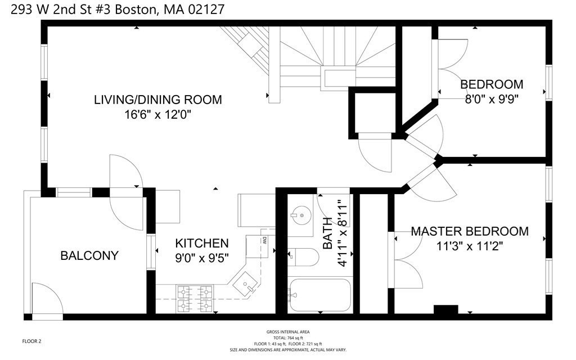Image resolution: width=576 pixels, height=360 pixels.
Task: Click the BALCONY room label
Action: pos(89,255)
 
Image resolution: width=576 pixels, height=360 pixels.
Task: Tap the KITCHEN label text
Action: pos(202,243)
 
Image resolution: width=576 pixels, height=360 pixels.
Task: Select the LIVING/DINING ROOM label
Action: pos(158,100)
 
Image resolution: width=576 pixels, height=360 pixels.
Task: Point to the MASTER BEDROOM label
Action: pos(470,231)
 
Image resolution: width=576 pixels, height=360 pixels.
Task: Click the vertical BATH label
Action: pos(327,233)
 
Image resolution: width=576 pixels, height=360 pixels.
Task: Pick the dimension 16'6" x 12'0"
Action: pos(158,115)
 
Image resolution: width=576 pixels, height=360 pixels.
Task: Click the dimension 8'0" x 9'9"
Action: pos(492,99)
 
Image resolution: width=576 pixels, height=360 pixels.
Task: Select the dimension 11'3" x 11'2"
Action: pos(470,246)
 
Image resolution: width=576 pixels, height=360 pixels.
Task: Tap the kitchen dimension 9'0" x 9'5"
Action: pos(202,258)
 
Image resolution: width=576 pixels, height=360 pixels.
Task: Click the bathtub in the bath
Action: pos(319,295)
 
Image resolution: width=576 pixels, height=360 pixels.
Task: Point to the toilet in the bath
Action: pos(303,256)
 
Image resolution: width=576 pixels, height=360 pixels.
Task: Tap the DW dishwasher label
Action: pos(264,240)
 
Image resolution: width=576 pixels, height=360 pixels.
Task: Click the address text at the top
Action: pos(118,9)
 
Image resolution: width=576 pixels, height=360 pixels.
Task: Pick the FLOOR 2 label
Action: pos(31,341)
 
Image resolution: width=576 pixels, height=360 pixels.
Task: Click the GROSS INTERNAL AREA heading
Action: pos(288,332)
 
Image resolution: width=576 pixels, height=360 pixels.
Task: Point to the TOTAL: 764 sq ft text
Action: pos(288,338)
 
